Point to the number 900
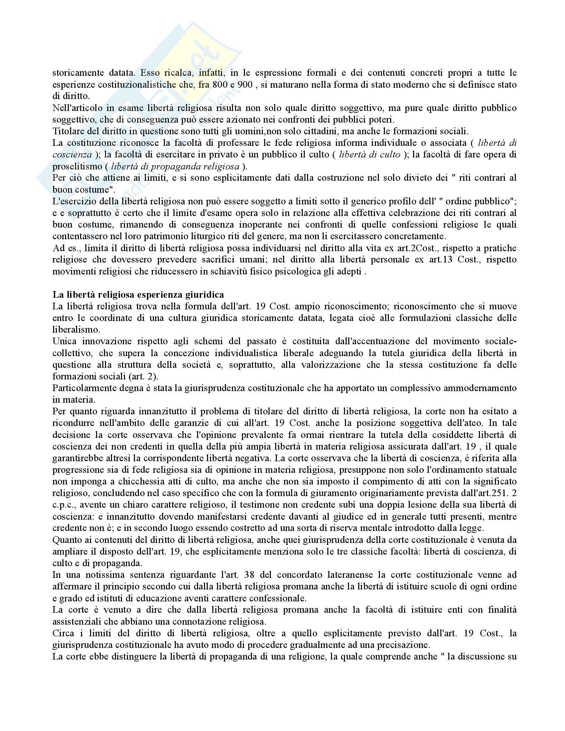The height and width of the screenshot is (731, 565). click(x=245, y=84)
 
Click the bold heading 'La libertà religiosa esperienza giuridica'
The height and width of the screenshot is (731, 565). click(x=138, y=294)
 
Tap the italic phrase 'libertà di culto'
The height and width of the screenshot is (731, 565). click(x=369, y=155)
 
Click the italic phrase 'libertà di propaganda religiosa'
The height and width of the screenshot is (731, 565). click(x=175, y=166)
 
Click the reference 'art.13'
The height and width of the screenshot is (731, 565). click(x=438, y=260)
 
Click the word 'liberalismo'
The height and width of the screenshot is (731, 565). click(x=76, y=330)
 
